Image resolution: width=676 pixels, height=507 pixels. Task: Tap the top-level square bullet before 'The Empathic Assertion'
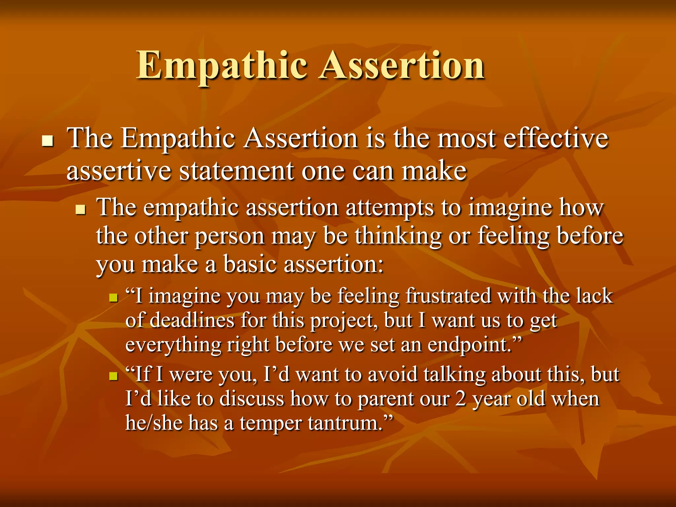[x=48, y=141]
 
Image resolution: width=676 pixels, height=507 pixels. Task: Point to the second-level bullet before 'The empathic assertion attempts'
[x=80, y=209]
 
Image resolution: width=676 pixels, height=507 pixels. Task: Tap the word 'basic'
[x=250, y=265]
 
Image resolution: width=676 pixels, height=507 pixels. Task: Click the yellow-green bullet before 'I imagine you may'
[x=114, y=298]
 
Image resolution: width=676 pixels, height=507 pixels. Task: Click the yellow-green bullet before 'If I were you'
[x=114, y=376]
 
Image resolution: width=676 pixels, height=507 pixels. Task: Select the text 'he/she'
[x=153, y=423]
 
